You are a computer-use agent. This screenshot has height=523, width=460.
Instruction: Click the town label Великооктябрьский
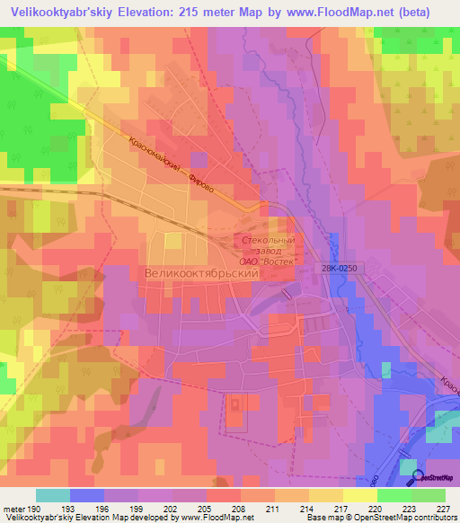201,270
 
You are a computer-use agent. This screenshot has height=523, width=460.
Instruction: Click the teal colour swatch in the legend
53,495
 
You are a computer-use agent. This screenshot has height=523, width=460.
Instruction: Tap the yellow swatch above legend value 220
360,495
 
